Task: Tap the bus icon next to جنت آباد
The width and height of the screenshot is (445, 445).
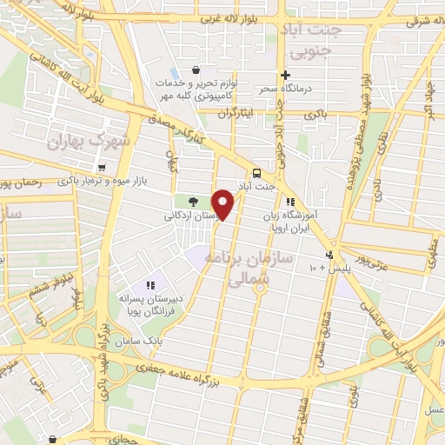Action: point(256,172)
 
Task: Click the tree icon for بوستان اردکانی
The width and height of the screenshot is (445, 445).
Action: point(192,201)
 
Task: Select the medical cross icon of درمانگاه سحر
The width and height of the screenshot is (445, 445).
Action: point(284,76)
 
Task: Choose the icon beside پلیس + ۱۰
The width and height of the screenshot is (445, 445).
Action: point(329,255)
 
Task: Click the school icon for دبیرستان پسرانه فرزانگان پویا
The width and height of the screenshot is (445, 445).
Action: point(149,284)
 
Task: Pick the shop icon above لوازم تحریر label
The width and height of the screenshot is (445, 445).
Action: point(196,70)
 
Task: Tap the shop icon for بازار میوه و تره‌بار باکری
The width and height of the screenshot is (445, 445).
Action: point(103,167)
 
